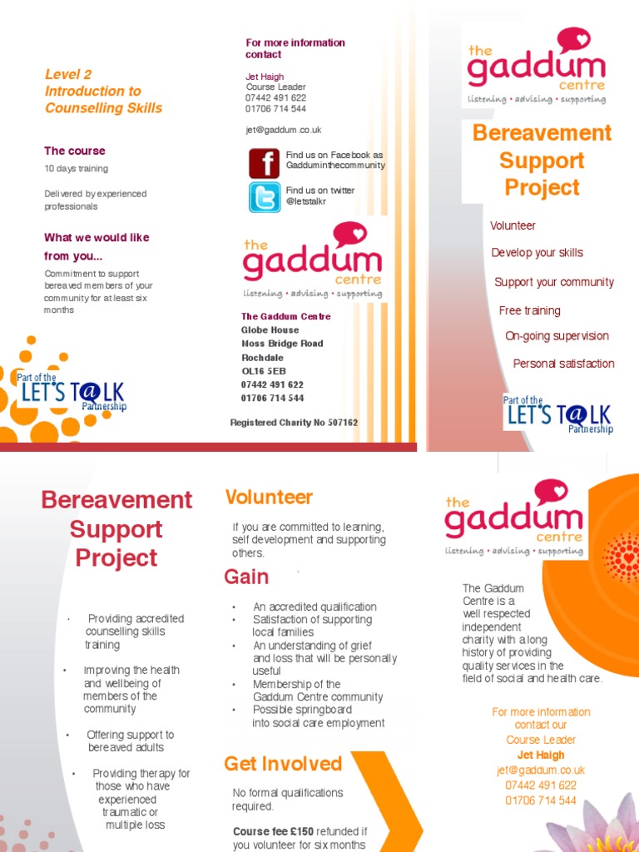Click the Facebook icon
pyautogui.click(x=264, y=162)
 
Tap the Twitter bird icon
pyautogui.click(x=264, y=197)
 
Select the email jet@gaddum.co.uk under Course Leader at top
pyautogui.click(x=283, y=130)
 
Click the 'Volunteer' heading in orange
pyautogui.click(x=269, y=498)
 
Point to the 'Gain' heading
pyautogui.click(x=246, y=577)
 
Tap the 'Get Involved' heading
pyautogui.click(x=283, y=764)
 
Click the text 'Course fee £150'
pyautogui.click(x=273, y=831)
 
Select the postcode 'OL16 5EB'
pyautogui.click(x=263, y=371)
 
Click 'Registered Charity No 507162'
pyautogui.click(x=294, y=423)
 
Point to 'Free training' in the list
pyautogui.click(x=529, y=310)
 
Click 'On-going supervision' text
pyautogui.click(x=557, y=336)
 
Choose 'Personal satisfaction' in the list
pyautogui.click(x=563, y=364)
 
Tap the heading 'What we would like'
pyautogui.click(x=97, y=237)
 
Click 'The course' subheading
pyautogui.click(x=75, y=151)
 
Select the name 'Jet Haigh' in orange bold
pyautogui.click(x=540, y=755)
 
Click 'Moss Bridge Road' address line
pyautogui.click(x=282, y=344)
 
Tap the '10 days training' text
pyautogui.click(x=76, y=169)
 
